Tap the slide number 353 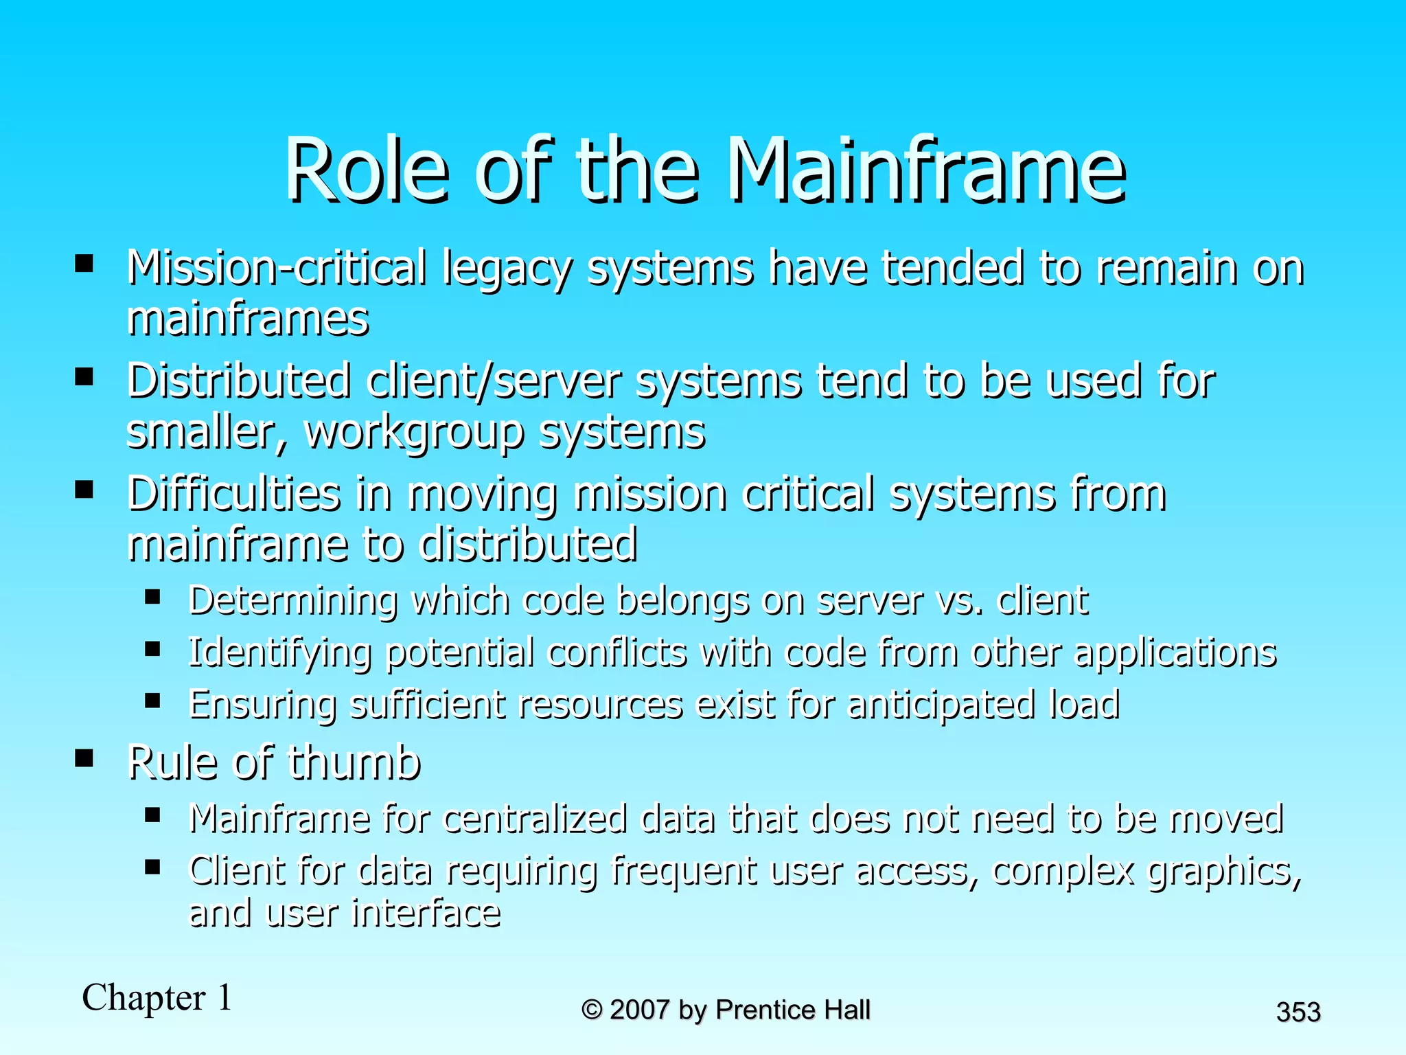[x=1298, y=1012]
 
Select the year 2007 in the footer [x=639, y=1010]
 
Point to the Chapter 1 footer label [x=157, y=997]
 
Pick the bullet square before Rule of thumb [x=84, y=758]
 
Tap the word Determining [x=292, y=600]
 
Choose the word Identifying [x=279, y=653]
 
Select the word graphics [x=1224, y=871]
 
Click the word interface [x=426, y=914]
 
